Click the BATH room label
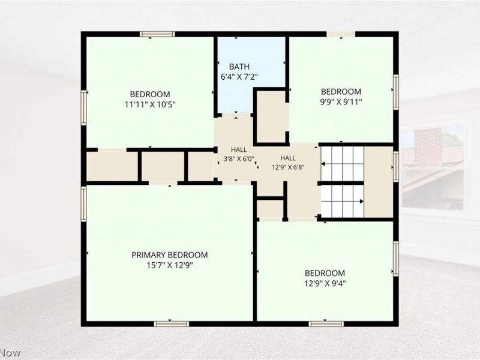click(x=239, y=67)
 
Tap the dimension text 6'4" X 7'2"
click(x=239, y=77)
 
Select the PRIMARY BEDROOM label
click(x=170, y=254)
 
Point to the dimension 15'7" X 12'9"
click(x=170, y=265)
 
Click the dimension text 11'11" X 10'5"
click(x=150, y=104)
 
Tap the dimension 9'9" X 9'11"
click(x=341, y=101)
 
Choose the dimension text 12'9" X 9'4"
click(x=325, y=283)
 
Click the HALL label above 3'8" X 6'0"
click(x=239, y=149)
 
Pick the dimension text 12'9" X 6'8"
click(x=288, y=167)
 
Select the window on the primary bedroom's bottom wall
click(x=172, y=324)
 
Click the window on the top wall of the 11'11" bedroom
click(x=157, y=34)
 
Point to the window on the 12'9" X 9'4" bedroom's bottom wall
click(x=326, y=324)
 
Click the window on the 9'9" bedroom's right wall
click(x=396, y=92)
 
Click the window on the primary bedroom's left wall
click(x=83, y=203)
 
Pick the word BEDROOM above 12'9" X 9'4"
click(x=325, y=273)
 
